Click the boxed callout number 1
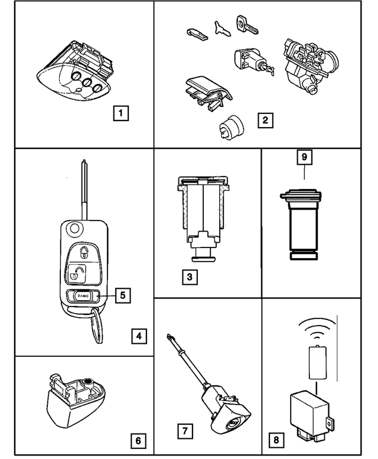(x=120, y=113)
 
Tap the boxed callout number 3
(x=190, y=276)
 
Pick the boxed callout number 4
(x=138, y=337)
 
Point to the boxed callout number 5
(x=122, y=295)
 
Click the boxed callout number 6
(x=138, y=440)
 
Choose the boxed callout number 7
(x=185, y=431)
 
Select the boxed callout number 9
(x=304, y=157)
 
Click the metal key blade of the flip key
(x=85, y=189)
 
